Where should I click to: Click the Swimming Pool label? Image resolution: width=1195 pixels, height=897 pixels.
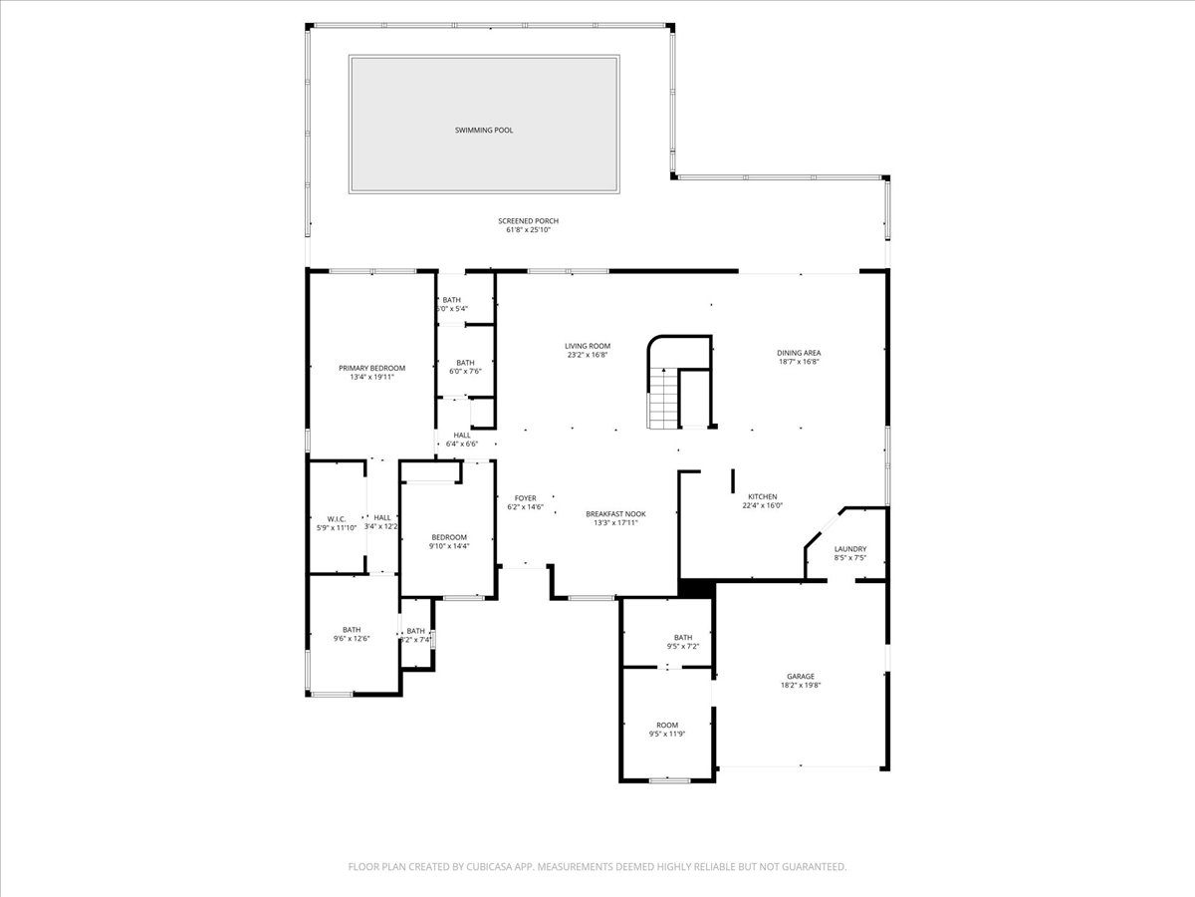tap(484, 131)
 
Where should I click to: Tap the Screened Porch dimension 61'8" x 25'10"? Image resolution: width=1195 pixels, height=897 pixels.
tap(528, 230)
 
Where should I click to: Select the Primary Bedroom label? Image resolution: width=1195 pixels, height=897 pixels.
tap(371, 368)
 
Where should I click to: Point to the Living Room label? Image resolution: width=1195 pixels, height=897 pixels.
tap(588, 346)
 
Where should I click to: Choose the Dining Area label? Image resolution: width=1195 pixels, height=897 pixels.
tap(799, 353)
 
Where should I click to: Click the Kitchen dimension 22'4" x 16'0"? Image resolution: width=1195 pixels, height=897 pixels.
tap(763, 505)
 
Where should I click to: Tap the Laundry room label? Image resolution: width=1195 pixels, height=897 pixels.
tap(849, 548)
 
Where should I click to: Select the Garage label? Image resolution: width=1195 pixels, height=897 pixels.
tap(800, 676)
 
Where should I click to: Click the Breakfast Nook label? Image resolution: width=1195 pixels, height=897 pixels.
tap(615, 514)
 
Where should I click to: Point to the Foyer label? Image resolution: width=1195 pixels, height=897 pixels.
tap(525, 498)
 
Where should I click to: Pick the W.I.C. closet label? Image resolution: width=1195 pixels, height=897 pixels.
tap(336, 518)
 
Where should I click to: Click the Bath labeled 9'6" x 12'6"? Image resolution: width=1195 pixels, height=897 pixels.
tap(352, 630)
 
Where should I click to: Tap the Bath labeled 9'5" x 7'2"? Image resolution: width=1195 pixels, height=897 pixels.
tap(682, 638)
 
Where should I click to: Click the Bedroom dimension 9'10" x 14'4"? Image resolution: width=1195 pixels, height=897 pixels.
tap(449, 546)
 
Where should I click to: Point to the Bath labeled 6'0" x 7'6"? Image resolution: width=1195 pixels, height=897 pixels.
tap(465, 363)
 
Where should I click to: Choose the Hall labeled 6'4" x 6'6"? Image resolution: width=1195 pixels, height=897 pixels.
tap(462, 435)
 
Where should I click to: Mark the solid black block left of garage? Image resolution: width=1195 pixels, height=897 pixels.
tap(696, 589)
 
